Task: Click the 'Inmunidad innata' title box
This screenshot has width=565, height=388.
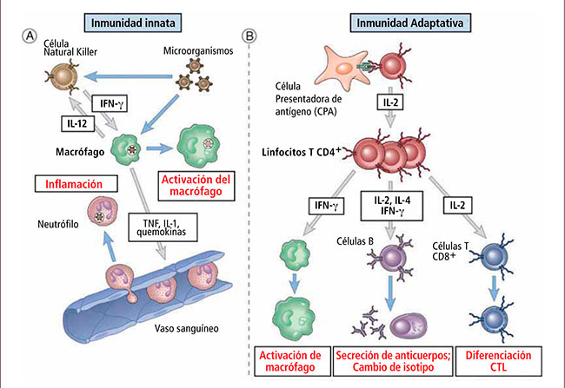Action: (133, 23)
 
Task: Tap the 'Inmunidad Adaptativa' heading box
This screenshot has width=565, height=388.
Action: (410, 23)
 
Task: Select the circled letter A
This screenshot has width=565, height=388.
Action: (30, 36)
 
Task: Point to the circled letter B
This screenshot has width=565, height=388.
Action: (249, 36)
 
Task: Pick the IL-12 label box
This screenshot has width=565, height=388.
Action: (77, 123)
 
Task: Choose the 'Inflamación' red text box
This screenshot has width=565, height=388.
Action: (76, 184)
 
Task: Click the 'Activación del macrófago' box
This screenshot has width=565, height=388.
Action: (196, 186)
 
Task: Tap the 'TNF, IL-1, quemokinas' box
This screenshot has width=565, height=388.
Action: (163, 227)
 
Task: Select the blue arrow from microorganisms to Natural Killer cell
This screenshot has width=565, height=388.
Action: (128, 76)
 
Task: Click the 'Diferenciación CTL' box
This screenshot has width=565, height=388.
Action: (498, 361)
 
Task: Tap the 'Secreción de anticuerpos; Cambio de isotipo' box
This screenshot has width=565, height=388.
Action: (393, 361)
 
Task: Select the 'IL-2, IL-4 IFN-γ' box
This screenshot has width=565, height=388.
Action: (392, 206)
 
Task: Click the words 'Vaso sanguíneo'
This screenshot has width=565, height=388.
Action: (186, 328)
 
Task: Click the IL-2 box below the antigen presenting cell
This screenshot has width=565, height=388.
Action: (390, 102)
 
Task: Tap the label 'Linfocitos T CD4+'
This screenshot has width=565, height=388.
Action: (302, 152)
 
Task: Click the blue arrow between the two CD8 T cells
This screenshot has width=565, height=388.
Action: (495, 288)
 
